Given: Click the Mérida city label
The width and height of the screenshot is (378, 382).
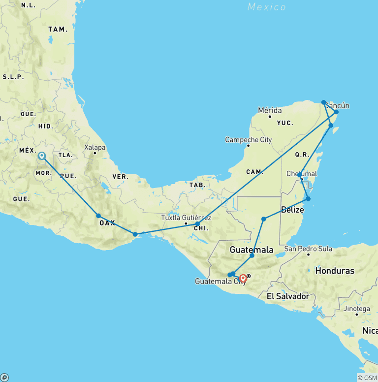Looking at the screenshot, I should pos(270,110).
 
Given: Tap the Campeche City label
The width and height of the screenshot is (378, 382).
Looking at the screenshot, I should pos(248,140).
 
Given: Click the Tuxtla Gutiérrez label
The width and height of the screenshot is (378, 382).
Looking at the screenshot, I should pos(187,218).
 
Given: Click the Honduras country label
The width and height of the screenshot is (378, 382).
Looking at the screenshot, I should pos(335,271).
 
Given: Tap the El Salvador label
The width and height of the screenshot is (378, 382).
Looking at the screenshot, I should pos(288,296).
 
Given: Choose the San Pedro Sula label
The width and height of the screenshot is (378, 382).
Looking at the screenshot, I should pos(308,249).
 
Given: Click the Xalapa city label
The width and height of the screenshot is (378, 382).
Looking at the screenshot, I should pos(95,147).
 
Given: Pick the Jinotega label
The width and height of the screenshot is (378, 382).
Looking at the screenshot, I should pos(356,309).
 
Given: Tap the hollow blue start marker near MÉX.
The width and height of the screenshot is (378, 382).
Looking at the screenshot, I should pos(42,156).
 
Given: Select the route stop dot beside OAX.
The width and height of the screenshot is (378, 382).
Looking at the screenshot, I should pos(98,216).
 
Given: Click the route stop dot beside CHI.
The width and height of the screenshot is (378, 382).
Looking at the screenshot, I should pos(197,224).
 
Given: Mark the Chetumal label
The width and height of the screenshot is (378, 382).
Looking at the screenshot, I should pos(301,174).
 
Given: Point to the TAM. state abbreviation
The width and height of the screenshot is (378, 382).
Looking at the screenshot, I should pos(58,30).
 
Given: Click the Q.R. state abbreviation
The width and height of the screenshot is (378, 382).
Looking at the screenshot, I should pos(302,154).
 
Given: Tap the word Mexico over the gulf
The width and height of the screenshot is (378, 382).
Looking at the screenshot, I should pos(267,7).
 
